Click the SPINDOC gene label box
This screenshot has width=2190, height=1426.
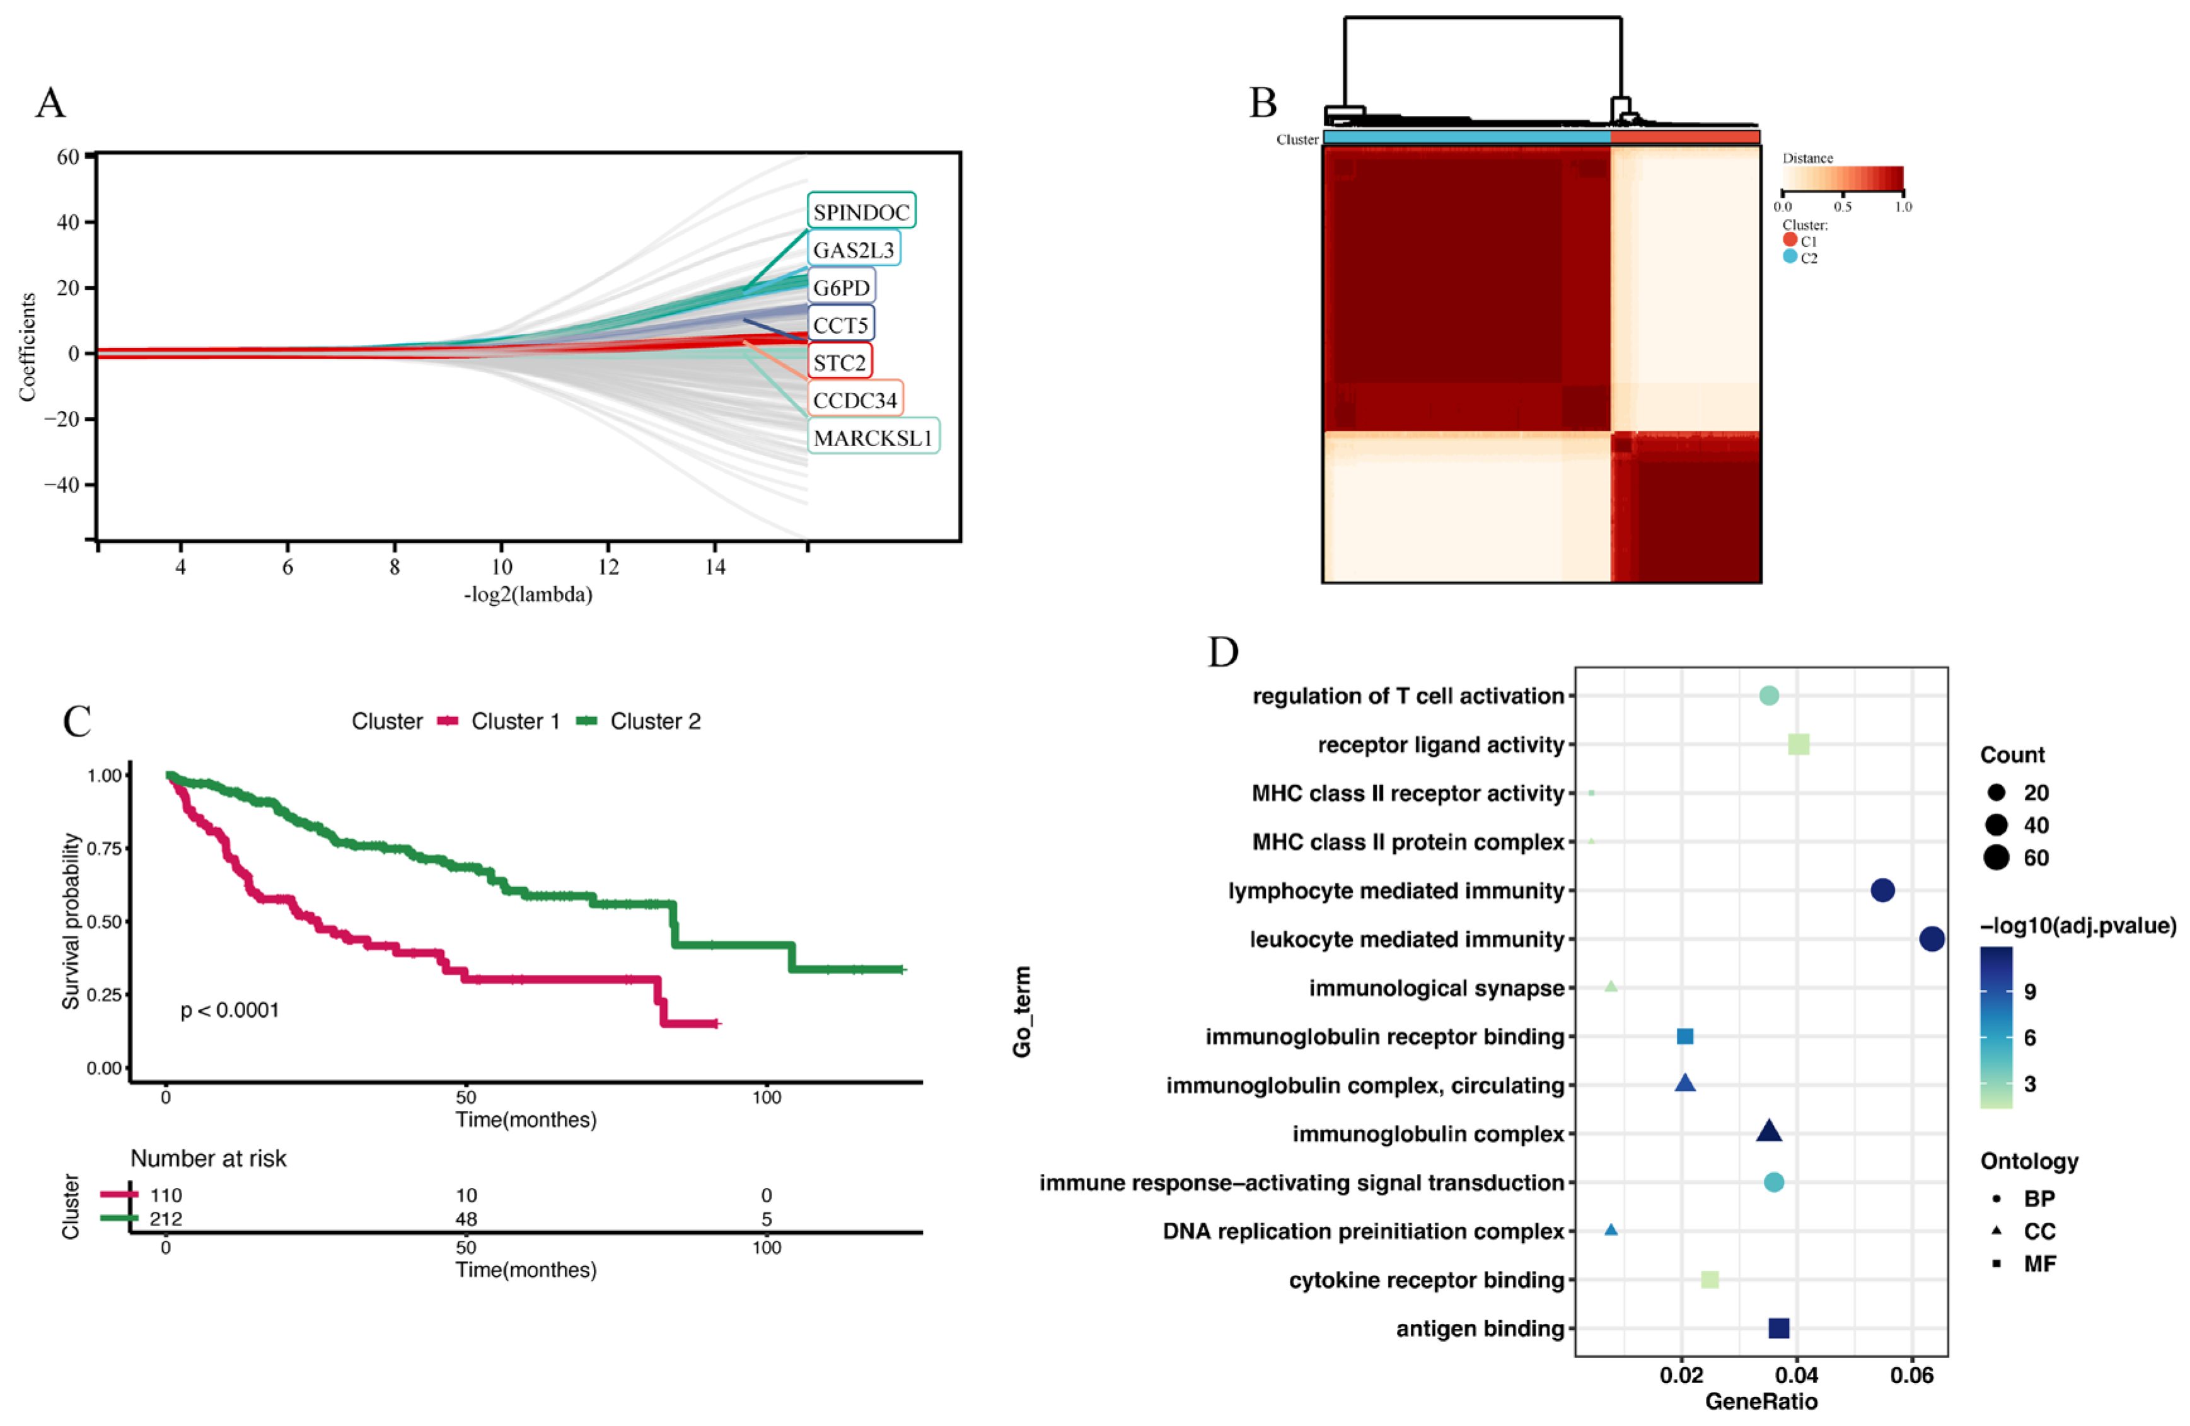click(x=860, y=212)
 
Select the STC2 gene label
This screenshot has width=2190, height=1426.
click(x=839, y=362)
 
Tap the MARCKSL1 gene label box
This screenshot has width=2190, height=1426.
click(x=872, y=437)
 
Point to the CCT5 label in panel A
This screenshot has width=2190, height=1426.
click(x=840, y=325)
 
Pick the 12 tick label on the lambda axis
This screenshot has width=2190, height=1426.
click(x=608, y=566)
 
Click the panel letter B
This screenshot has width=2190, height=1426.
click(x=1263, y=103)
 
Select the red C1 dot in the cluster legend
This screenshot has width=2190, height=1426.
click(x=1790, y=240)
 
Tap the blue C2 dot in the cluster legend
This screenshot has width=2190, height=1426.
click(x=1790, y=256)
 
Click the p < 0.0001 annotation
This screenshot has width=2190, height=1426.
click(x=229, y=1010)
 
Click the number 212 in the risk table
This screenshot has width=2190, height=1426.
click(x=166, y=1219)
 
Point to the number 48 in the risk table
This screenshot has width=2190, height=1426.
click(x=466, y=1219)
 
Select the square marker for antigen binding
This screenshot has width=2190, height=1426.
click(x=1779, y=1328)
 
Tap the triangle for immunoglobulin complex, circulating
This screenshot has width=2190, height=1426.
click(x=1685, y=1083)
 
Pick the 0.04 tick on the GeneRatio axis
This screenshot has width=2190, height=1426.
click(x=1796, y=1376)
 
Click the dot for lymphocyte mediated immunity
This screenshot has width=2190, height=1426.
click(x=1882, y=890)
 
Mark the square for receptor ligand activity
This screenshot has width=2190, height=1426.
click(x=1798, y=744)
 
